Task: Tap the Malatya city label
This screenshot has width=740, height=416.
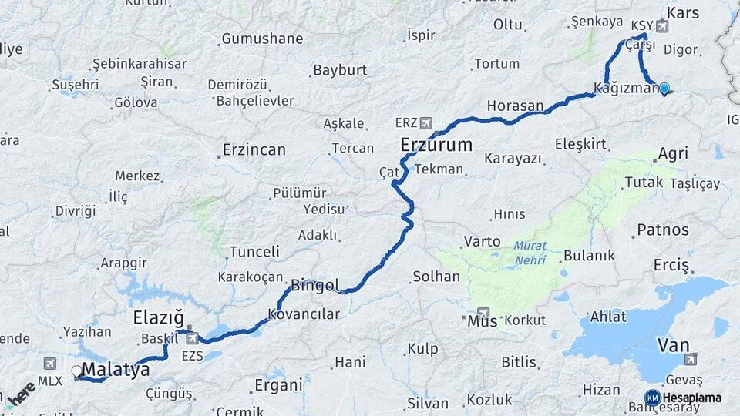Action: (x=116, y=370)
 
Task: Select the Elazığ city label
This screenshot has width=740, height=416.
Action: (x=158, y=317)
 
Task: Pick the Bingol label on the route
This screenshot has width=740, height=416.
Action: (x=315, y=286)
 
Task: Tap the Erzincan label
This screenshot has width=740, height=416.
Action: (x=254, y=149)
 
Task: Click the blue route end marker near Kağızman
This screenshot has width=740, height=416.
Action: (x=664, y=88)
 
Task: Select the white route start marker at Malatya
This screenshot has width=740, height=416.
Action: (x=76, y=371)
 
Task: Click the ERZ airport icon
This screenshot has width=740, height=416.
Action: (x=426, y=122)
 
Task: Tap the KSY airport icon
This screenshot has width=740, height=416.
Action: (x=662, y=25)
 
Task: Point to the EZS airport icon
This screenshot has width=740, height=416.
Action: (x=191, y=337)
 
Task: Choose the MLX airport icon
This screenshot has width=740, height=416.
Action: (x=50, y=364)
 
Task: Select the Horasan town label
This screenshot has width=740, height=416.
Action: (x=516, y=106)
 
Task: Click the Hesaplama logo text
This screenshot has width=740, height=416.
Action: (x=691, y=398)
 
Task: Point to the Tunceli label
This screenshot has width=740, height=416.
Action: (x=254, y=251)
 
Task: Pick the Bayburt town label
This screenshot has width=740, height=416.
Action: (x=339, y=70)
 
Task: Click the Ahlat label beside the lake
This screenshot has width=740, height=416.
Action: (x=608, y=317)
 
